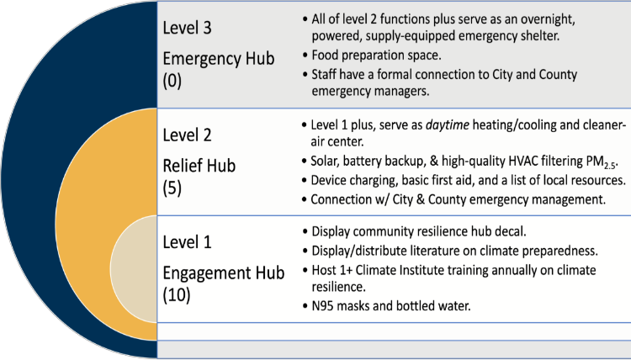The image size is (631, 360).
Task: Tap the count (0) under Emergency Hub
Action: pyautogui.click(x=172, y=84)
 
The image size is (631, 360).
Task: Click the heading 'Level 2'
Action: pyautogui.click(x=188, y=134)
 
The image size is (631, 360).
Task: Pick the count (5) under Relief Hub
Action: pyautogui.click(x=172, y=189)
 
